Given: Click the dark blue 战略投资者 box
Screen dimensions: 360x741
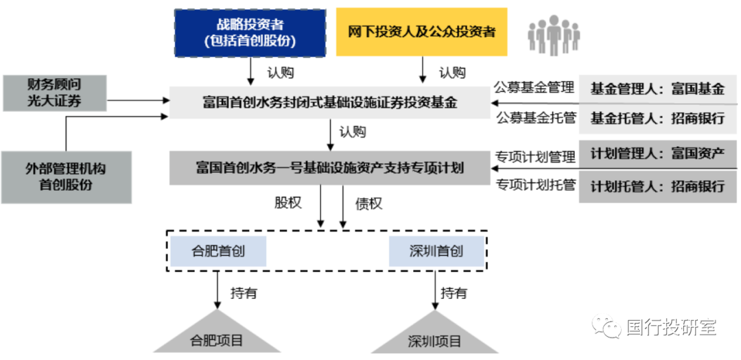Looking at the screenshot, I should (250, 32).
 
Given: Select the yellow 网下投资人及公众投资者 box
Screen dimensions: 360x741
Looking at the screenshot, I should (421, 32).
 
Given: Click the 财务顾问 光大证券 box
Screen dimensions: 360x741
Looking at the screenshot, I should (54, 93).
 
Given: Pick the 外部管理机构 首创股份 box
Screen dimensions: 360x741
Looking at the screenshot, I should (66, 177).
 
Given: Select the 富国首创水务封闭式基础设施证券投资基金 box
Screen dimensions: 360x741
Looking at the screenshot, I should (329, 103).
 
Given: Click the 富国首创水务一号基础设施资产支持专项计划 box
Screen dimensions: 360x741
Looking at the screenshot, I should (329, 167).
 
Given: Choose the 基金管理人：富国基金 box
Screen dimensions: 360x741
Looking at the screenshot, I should (657, 89).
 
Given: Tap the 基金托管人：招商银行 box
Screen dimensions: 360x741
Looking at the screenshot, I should (657, 118).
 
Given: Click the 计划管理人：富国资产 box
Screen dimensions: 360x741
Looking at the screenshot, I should (657, 153).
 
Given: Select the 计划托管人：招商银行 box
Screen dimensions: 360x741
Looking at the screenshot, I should (657, 186).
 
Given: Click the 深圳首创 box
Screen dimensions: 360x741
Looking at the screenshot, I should (436, 252).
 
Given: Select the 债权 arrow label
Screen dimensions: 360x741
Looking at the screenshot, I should (368, 204).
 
